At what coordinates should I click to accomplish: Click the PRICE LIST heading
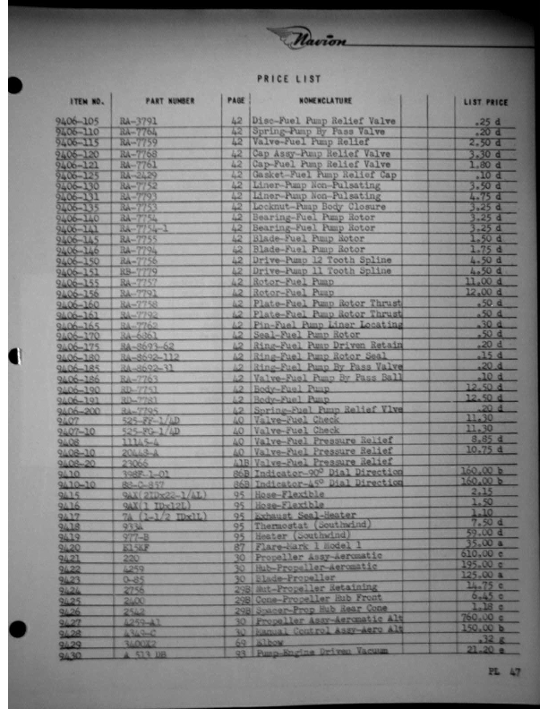pos(283,79)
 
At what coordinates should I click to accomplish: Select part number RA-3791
pos(139,121)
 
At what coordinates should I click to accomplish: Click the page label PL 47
pos(502,671)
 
